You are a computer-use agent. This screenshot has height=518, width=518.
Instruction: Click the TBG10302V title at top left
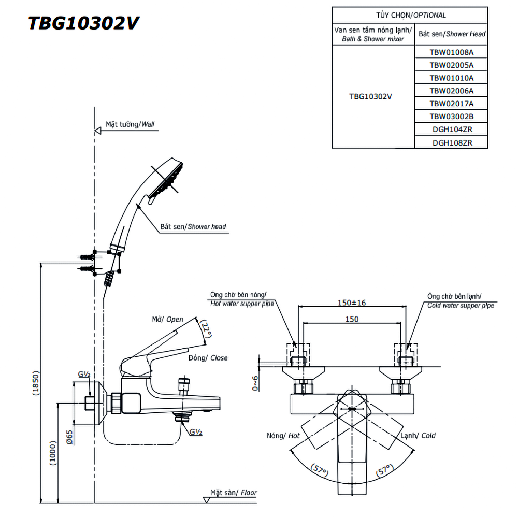pos(83,23)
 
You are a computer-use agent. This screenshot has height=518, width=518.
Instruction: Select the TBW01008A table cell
pos(451,52)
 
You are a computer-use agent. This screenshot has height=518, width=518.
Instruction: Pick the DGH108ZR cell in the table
pos(451,142)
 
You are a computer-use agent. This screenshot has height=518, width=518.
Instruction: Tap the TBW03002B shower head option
pos(451,117)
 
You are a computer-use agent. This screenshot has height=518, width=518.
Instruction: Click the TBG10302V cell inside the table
pos(370,96)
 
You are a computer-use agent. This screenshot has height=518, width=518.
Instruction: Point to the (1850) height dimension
pos(35,383)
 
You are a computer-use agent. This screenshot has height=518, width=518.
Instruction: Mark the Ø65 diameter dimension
pos(69,436)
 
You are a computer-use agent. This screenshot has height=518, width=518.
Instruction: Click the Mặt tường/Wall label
pos(129,124)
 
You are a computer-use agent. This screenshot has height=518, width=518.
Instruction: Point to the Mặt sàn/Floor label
pos(233,493)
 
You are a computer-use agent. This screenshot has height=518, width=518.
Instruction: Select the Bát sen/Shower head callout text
pos(193,226)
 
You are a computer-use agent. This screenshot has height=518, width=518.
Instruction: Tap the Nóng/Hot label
pos(283,436)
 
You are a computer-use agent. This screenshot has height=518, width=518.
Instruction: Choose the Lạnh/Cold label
pos(418,436)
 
